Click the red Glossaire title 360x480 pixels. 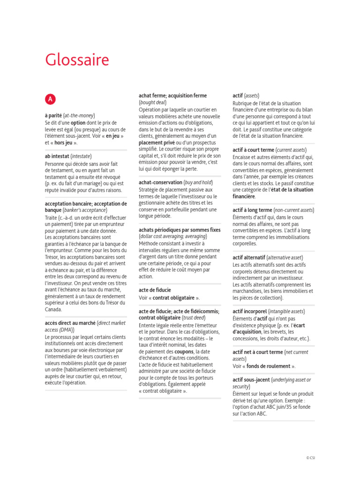[77, 60]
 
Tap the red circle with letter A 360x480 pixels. [50, 99]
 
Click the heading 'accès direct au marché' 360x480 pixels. [70, 323]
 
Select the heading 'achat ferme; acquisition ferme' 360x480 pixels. [172, 96]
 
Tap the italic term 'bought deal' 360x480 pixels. [153, 102]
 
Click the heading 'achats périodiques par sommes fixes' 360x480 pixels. [180, 230]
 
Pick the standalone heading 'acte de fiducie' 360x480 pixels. [155, 290]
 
